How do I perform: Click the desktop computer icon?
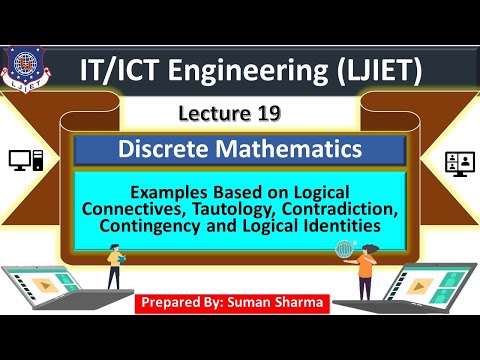[x=26, y=159]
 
